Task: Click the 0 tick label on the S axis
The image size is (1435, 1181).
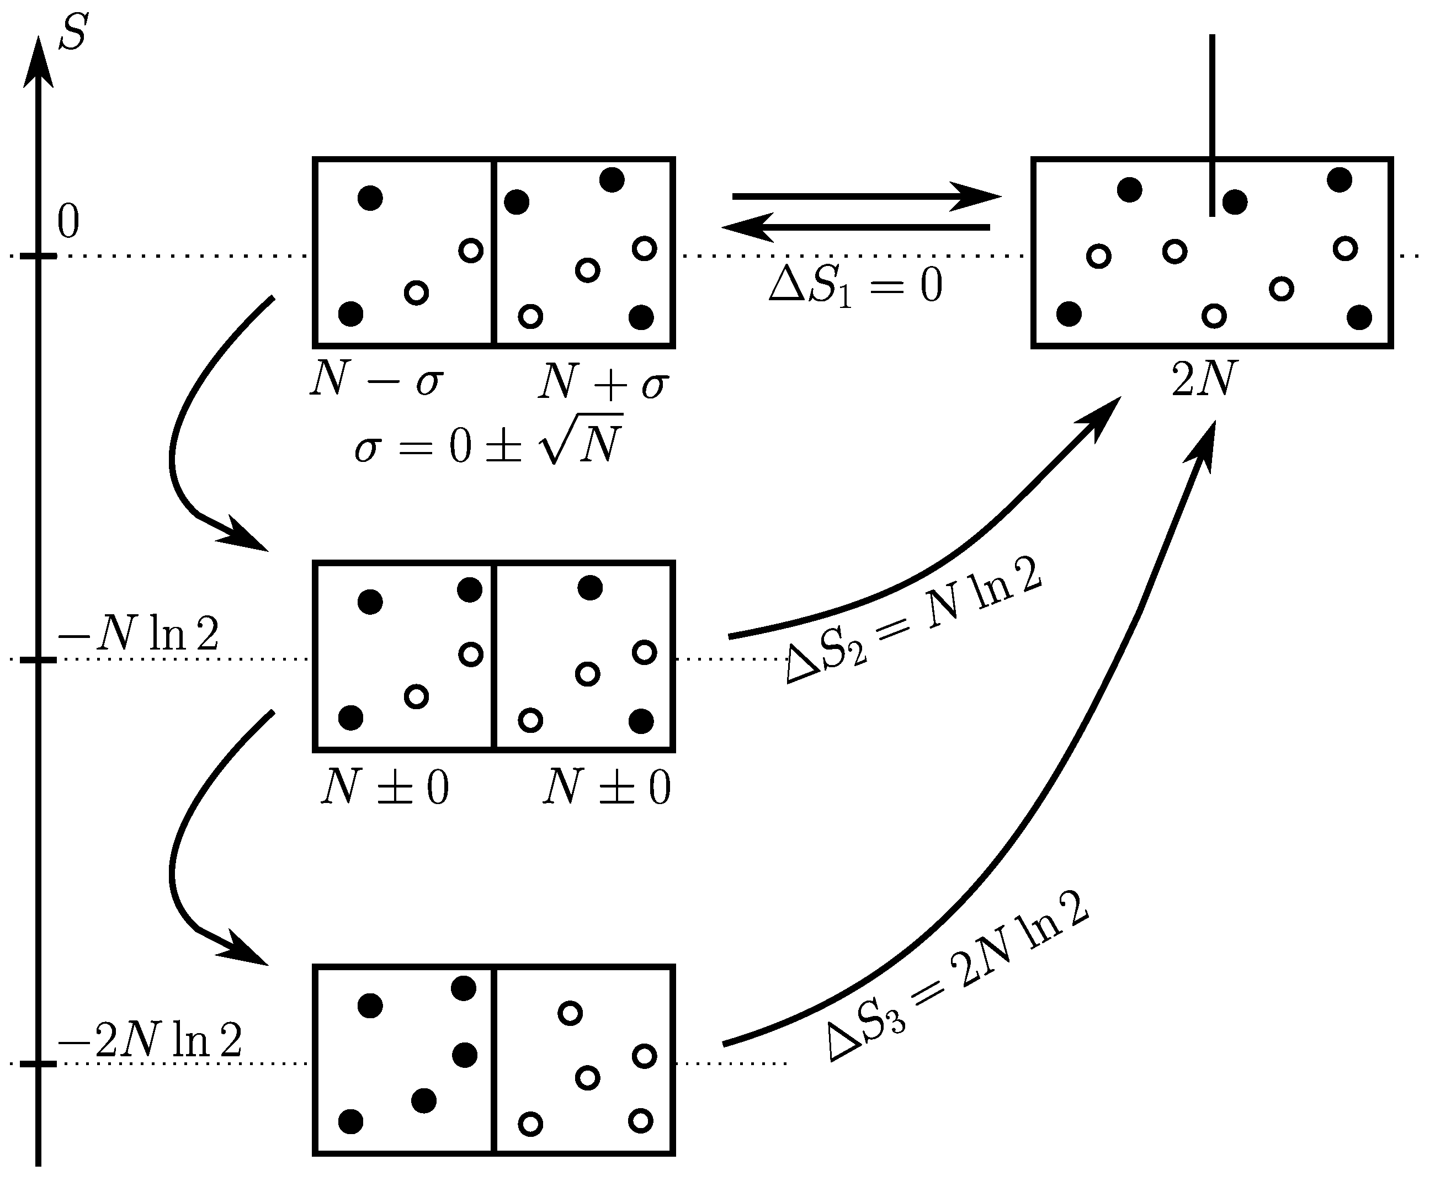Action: pos(68,222)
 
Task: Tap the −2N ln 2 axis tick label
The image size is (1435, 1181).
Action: pos(150,1040)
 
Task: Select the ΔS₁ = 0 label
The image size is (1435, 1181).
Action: pos(855,286)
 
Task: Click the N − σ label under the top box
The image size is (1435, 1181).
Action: pos(376,380)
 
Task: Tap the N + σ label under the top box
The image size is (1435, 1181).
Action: pos(603,382)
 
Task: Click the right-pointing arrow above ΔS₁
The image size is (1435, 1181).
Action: pos(865,196)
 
